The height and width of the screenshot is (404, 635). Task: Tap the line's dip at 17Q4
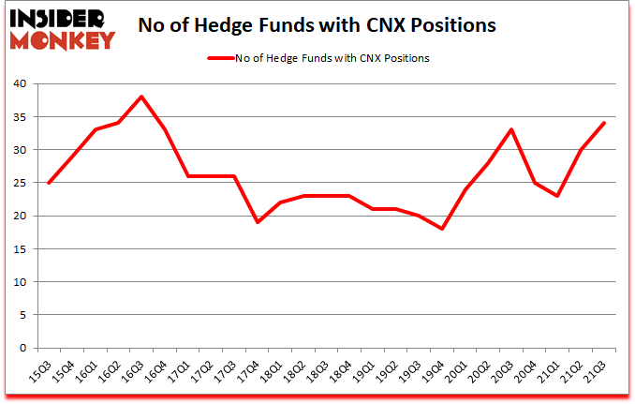257,222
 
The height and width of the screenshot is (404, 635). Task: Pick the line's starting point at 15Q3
47,183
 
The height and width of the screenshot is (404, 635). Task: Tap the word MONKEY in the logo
64,39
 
